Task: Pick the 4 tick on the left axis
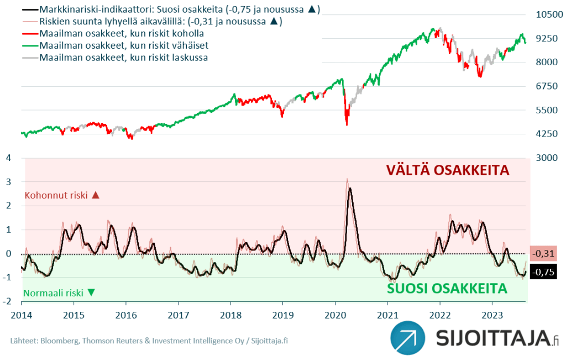(8, 158)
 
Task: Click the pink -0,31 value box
(543, 254)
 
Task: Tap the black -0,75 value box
(543, 272)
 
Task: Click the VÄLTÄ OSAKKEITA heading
(447, 170)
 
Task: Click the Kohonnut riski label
(56, 195)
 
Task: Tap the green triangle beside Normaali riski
(91, 293)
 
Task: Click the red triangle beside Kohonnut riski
(95, 195)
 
